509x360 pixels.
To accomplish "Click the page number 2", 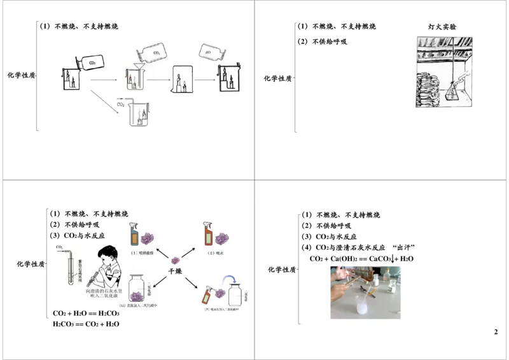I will [496, 332].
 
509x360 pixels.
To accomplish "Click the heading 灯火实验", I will [442, 27].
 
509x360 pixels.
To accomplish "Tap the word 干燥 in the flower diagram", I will [175, 270].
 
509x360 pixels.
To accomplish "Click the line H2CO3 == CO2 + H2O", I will [86, 324].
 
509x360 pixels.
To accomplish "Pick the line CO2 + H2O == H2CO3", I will [86, 314].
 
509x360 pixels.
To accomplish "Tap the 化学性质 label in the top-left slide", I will [21, 75].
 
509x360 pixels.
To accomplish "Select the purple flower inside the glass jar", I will [136, 294].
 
